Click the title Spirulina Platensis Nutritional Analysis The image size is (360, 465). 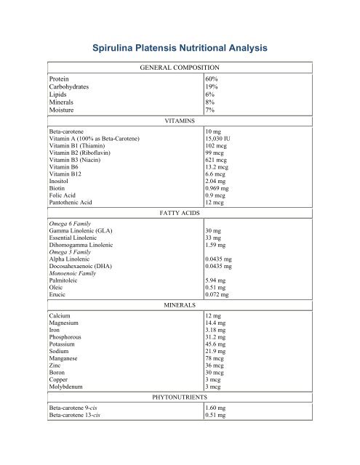180,49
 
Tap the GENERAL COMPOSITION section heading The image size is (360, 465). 180,67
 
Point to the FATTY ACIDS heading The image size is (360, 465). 180,214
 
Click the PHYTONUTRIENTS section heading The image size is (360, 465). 180,398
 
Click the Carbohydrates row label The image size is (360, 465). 71,86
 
